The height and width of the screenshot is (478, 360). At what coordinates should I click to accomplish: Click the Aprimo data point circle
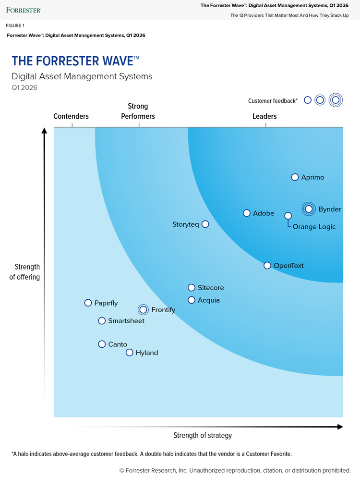pos(295,177)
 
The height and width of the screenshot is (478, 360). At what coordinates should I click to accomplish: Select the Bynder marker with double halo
pos(309,209)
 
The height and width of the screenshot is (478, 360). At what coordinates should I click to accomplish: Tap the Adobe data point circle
pos(247,213)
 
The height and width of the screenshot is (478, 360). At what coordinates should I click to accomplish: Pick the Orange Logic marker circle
pos(288,216)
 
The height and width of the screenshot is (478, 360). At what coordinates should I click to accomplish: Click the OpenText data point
pos(267,266)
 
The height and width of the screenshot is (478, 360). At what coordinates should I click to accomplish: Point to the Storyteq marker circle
pos(205,224)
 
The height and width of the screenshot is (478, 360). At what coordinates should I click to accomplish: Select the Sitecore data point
pos(192,287)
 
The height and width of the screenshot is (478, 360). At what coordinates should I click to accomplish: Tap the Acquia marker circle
pos(192,300)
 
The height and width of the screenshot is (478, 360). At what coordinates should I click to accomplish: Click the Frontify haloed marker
pos(143,309)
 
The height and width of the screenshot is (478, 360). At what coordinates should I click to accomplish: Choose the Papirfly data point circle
pos(88,303)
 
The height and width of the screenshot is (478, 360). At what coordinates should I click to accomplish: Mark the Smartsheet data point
pos(102,320)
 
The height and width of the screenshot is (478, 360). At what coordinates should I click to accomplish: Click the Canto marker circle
pos(102,344)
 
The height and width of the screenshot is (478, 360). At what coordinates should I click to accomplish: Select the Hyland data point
pos(129,353)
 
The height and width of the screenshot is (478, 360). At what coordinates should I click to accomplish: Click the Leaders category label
pos(264,116)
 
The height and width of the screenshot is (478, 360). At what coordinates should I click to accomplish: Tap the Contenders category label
pos(71,116)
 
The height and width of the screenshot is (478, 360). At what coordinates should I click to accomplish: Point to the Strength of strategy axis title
pos(203,436)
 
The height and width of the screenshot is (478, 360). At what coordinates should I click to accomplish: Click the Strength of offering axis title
pos(24,272)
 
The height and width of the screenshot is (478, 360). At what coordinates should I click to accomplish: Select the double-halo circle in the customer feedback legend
pos(336,100)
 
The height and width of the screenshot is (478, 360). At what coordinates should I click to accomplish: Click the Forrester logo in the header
pos(24,10)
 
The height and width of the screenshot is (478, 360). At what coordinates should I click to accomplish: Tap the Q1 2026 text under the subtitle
pos(24,87)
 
